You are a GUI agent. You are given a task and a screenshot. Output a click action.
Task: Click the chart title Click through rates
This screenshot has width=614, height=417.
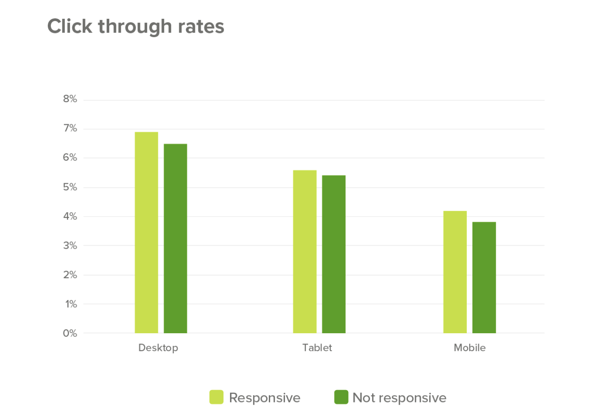[x=136, y=26]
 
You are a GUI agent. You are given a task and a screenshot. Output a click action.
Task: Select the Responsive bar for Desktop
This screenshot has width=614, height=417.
[x=146, y=232]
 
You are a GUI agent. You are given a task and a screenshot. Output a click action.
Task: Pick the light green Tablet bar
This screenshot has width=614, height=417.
[x=305, y=252]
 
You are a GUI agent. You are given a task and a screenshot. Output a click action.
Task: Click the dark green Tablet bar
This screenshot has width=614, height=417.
[x=334, y=254]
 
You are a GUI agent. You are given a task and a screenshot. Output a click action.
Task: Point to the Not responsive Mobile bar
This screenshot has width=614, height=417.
[x=484, y=277]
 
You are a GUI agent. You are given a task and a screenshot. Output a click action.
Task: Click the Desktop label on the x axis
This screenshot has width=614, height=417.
[x=158, y=348]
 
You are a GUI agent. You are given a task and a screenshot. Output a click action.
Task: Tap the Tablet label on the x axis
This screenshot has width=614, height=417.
[x=317, y=348]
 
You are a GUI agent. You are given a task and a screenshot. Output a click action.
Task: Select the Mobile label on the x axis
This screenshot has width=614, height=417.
[x=469, y=348]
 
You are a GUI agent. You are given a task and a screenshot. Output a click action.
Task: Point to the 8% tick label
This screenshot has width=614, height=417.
[x=70, y=99]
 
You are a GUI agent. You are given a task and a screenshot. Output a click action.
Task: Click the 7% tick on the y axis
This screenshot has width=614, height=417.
[x=70, y=128]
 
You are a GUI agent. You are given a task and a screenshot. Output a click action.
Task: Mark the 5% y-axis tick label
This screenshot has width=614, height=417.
[x=70, y=187]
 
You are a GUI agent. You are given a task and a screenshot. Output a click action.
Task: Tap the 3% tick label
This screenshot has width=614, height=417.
[x=70, y=246]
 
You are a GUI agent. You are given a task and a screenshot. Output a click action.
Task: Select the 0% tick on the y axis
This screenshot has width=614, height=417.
[x=70, y=333]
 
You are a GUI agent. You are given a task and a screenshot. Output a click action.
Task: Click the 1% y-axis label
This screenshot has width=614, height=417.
[x=71, y=304]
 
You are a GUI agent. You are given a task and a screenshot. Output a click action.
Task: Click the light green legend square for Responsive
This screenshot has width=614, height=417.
[x=216, y=397]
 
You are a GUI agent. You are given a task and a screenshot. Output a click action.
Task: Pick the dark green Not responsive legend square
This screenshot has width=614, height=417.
[x=341, y=397]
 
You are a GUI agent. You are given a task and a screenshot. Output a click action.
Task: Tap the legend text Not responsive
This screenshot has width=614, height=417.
[x=399, y=398]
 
